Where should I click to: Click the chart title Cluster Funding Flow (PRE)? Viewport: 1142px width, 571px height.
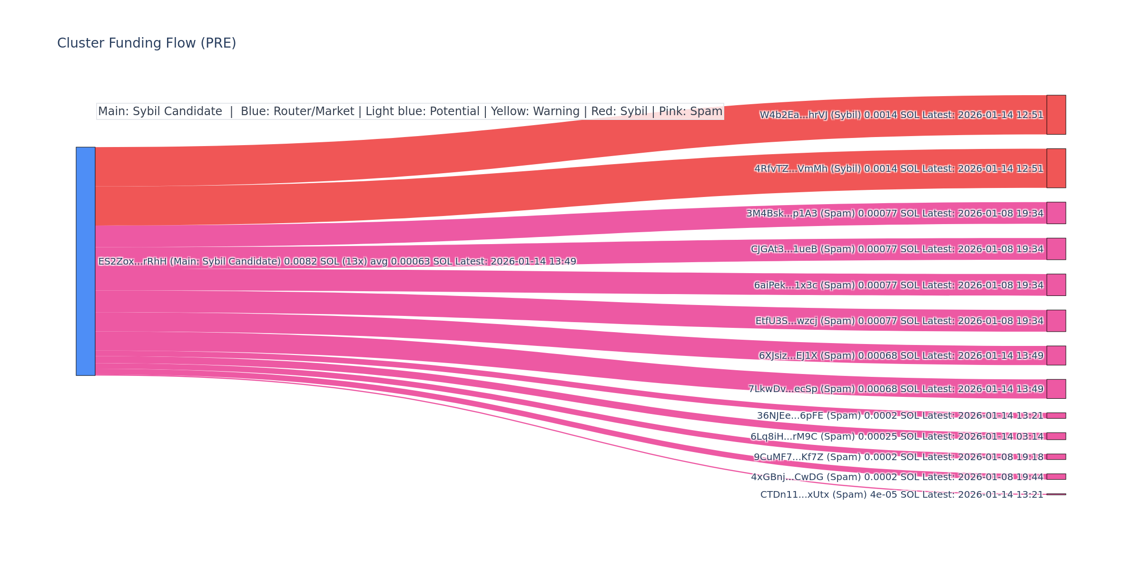(x=147, y=43)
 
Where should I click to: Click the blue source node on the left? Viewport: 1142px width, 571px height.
(x=86, y=261)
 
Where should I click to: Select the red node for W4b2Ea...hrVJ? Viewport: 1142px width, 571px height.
(x=1056, y=115)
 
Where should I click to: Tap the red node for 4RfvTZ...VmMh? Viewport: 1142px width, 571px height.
(x=1056, y=168)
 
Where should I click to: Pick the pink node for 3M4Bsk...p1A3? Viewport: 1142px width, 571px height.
(x=1056, y=213)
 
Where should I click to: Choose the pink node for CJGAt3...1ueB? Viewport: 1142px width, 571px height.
(x=1056, y=249)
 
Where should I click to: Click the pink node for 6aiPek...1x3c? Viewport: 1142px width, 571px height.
(x=1056, y=285)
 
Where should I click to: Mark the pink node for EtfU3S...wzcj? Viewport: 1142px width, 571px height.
(x=1056, y=321)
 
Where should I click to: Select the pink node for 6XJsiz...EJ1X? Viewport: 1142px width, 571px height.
(x=1056, y=355)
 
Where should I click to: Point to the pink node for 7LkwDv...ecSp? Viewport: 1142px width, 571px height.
(x=1056, y=389)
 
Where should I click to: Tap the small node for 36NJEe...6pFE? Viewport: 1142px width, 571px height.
(x=1056, y=416)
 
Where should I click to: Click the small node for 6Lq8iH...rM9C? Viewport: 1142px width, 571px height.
(x=1056, y=436)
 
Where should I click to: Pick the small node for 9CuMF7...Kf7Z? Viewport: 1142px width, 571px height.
(x=1056, y=457)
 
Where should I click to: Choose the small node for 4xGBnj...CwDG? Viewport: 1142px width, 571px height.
(x=1056, y=477)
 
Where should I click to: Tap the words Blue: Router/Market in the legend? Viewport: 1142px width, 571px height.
(x=297, y=111)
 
